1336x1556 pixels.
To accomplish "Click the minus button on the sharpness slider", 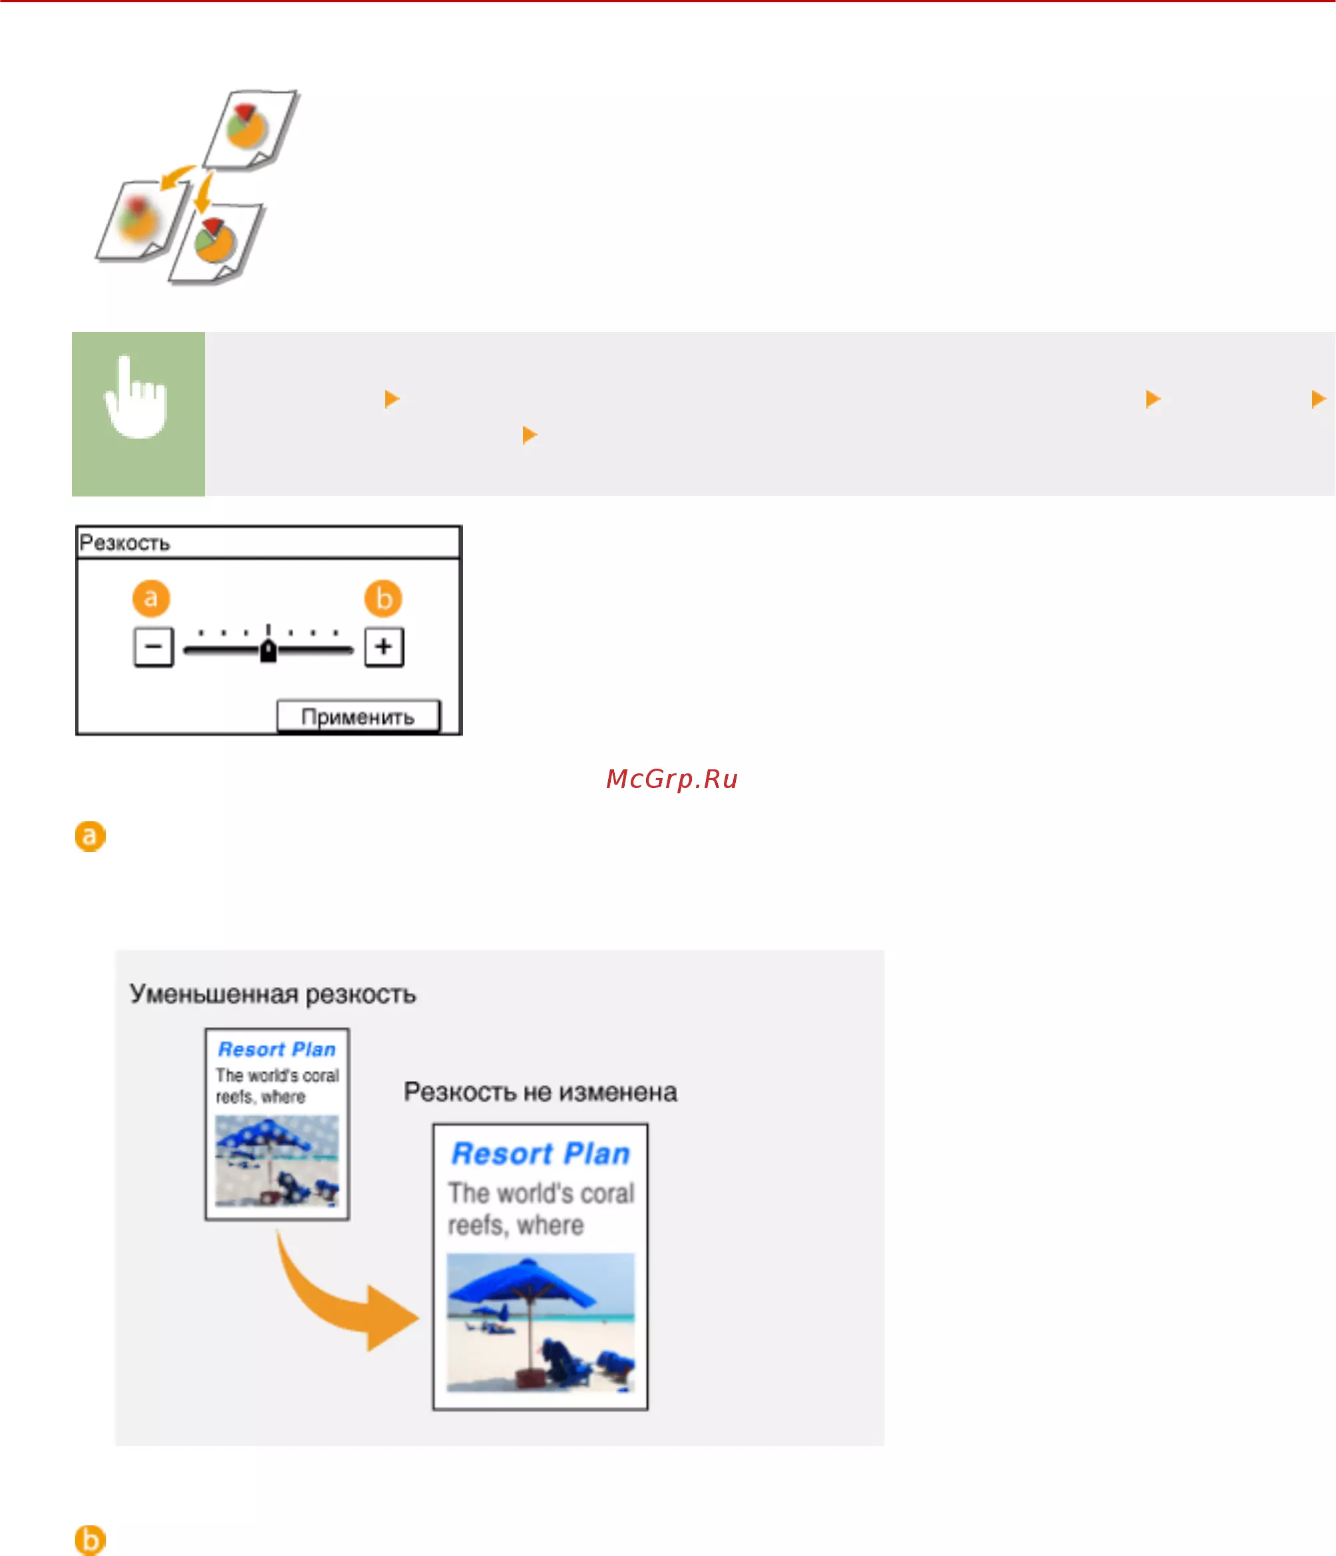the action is pos(153,647).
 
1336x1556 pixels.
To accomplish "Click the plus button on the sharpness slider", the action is pos(383,647).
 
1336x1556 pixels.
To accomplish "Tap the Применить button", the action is pos(358,716).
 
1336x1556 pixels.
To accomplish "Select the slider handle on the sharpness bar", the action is pos(268,650).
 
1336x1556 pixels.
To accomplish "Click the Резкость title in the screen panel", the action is pos(124,542).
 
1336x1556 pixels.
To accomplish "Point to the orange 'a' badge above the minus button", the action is pos(151,598).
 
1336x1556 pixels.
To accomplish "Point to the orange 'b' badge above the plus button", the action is pos(383,598).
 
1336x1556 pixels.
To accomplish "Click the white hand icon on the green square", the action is pos(136,397).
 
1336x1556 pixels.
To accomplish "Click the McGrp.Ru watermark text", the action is pos(672,779).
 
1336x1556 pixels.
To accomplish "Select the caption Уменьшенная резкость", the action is pos(272,994).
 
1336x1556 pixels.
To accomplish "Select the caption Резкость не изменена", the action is pos(540,1091).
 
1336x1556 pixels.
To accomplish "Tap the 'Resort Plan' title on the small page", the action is pos(277,1049).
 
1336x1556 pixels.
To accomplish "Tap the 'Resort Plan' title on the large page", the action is pos(540,1153).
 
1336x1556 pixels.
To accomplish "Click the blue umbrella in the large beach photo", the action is pos(523,1287).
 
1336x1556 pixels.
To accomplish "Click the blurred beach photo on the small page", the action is pos(277,1160).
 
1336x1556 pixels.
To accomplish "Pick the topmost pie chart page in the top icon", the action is pos(252,129).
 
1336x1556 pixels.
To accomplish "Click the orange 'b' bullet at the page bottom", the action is pos(90,1540).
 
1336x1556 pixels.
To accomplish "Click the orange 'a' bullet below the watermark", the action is pos(90,836).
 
